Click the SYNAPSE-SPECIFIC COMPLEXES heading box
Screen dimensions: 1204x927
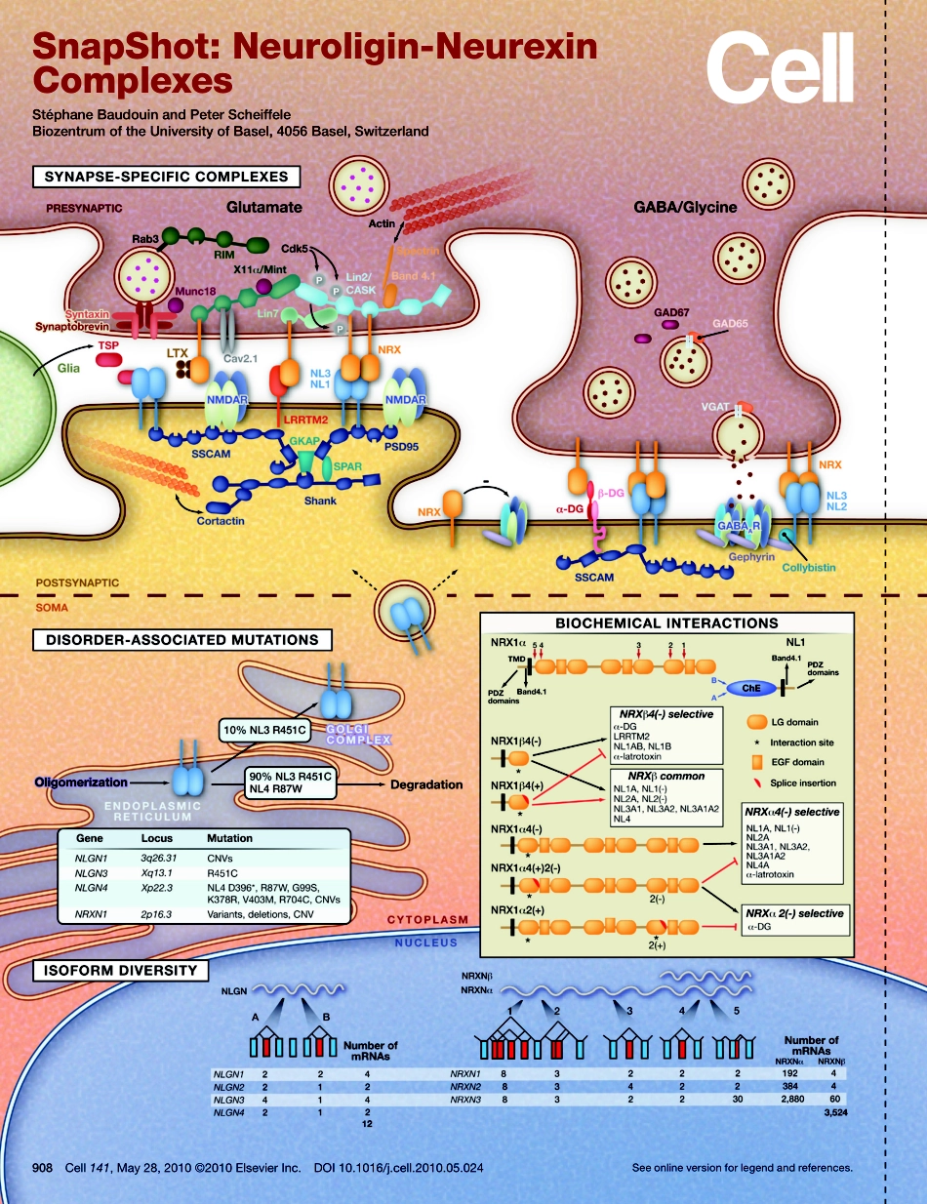166,177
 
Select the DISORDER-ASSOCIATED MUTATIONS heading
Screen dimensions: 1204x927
181,640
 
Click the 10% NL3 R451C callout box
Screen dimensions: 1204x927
264,730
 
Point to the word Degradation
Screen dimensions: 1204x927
426,784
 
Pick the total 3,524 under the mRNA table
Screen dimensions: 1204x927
834,1110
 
